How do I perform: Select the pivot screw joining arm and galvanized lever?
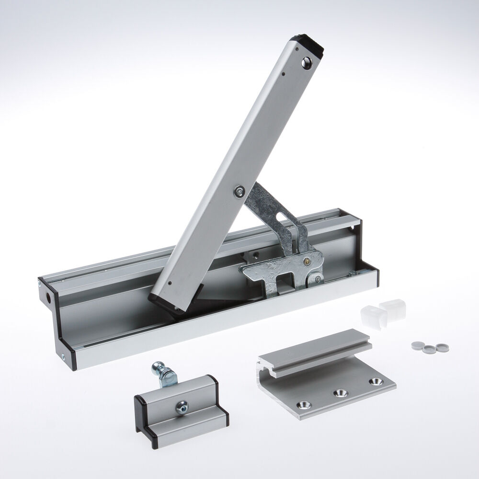[238, 192]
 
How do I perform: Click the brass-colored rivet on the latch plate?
[306, 262]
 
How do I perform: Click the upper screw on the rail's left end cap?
[39, 285]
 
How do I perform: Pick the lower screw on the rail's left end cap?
[63, 356]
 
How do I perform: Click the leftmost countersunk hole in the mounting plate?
[304, 405]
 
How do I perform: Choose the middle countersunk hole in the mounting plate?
[341, 392]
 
